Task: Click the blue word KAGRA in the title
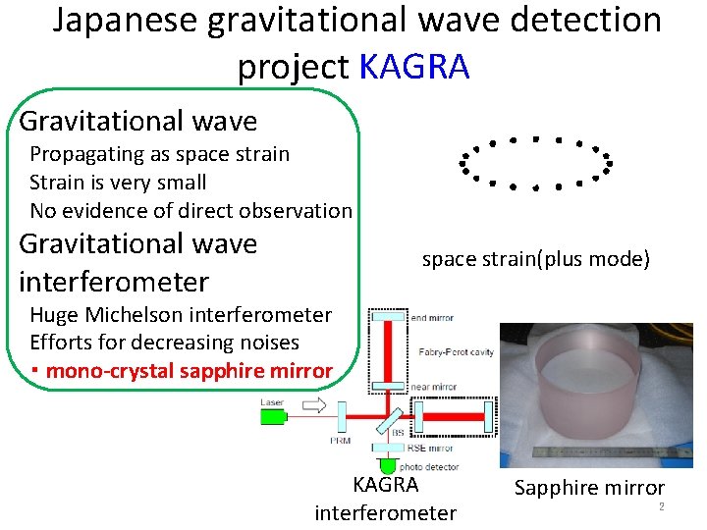click(414, 67)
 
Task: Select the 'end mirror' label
click(433, 318)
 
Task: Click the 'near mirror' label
click(434, 388)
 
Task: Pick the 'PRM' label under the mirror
click(340, 441)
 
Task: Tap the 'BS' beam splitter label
click(398, 432)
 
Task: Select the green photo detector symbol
click(388, 464)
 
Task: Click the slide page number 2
click(662, 506)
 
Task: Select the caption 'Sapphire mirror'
click(590, 488)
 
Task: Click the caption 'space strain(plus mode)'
click(535, 260)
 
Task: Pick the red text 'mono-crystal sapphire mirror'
click(189, 371)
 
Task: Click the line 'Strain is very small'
click(118, 183)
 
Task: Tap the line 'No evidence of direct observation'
click(190, 210)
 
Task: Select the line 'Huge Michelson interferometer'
click(181, 315)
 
